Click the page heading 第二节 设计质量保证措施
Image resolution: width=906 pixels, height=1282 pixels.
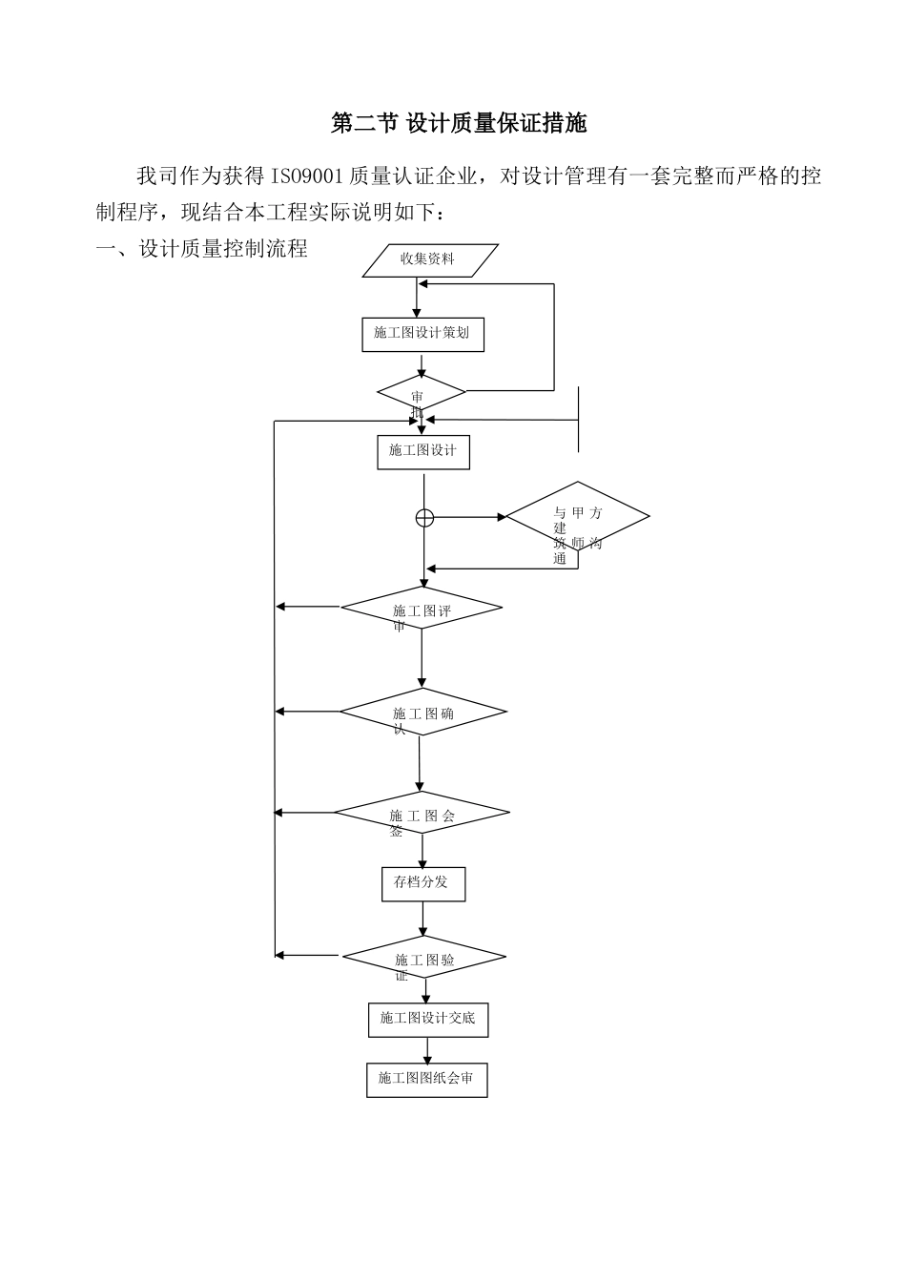459,123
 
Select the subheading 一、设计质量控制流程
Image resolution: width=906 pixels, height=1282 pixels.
202,250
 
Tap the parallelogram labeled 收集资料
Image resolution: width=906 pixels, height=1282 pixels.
430,260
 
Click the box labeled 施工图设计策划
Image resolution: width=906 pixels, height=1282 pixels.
422,334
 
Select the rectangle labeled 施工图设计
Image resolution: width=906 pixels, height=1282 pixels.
423,451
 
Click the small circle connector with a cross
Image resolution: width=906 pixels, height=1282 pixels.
424,518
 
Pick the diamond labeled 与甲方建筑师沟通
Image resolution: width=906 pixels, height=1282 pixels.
577,518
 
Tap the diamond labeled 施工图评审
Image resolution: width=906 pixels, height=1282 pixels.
422,609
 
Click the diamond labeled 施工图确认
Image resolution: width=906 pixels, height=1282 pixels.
422,713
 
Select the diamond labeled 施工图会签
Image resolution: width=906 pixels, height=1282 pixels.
422,814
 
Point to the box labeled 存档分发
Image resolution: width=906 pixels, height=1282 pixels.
422,883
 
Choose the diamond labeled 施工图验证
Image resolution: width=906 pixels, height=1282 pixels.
423,957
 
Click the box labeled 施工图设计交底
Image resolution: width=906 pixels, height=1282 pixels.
427,1019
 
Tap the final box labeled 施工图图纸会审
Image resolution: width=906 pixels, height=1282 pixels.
426,1080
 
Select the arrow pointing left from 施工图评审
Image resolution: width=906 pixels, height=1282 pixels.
307,607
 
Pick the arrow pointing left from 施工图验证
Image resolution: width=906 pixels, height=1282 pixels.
307,955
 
